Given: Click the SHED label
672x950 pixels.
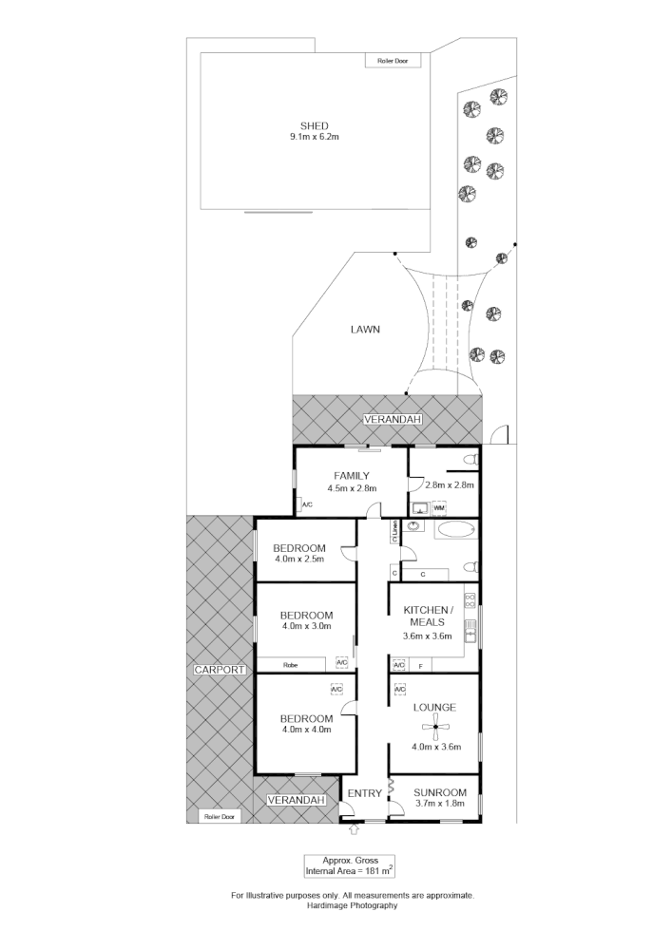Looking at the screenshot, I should (315, 125).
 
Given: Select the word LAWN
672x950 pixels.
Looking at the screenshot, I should (364, 330).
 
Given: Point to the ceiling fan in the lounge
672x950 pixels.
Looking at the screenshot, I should (437, 730).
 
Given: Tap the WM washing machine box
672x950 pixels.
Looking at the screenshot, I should (438, 508).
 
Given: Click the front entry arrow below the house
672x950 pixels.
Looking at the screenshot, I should (355, 830).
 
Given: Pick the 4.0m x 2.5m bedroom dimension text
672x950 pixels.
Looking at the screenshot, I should (299, 559).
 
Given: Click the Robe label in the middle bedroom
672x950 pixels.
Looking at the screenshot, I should (289, 665).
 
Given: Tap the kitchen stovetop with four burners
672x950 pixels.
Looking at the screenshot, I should (470, 601).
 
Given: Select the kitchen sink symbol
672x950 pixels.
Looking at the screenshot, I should (469, 629).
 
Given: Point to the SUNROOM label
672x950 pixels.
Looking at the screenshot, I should (440, 792).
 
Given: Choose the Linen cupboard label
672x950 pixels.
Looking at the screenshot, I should (394, 535).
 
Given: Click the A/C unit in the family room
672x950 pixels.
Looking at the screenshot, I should (307, 505).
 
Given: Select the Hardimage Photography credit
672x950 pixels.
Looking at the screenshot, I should (352, 905).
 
